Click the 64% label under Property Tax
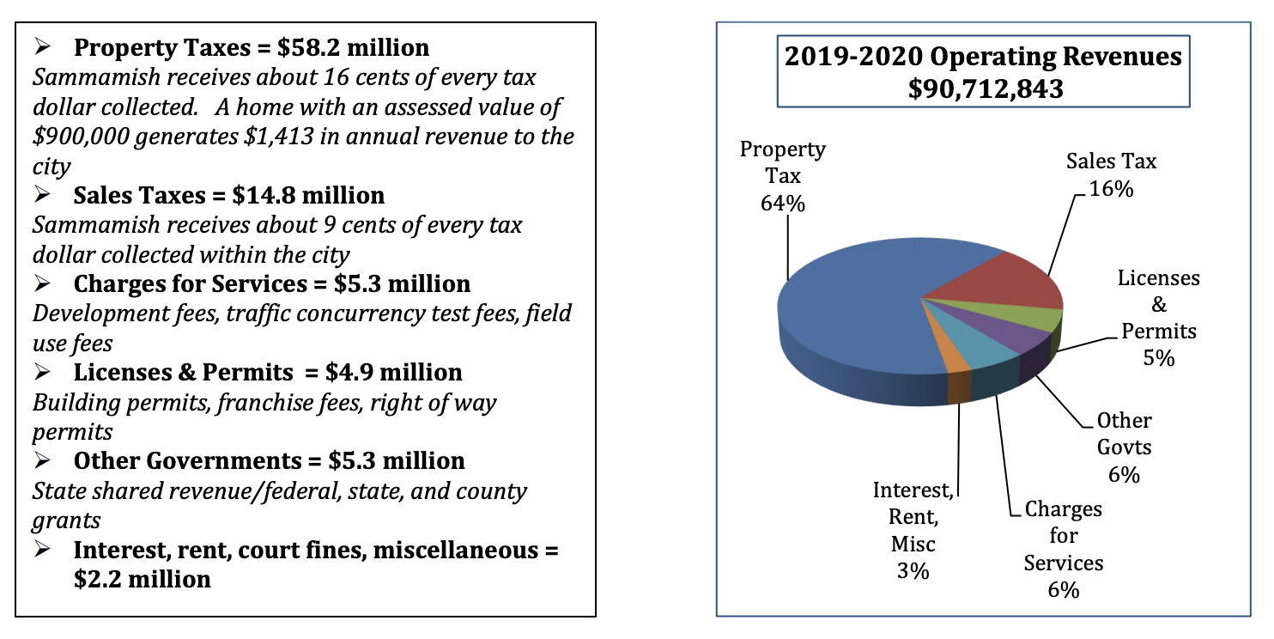(x=782, y=203)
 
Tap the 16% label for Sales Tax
(x=1111, y=188)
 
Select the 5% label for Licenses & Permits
(x=1158, y=357)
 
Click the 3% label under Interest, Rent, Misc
(x=913, y=570)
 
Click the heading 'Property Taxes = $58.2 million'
(x=251, y=47)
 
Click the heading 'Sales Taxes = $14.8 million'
(x=228, y=196)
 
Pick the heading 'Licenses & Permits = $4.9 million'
(x=268, y=372)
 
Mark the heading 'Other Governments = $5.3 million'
(x=269, y=461)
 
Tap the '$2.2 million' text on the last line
(x=143, y=579)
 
